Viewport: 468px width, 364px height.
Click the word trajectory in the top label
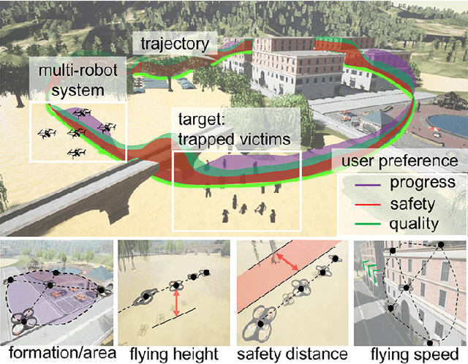(174, 45)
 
